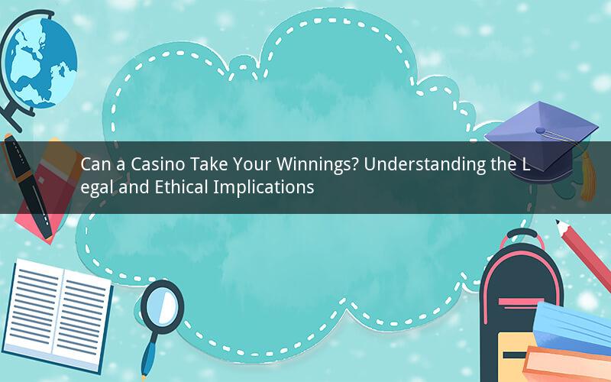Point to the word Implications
pyautogui.click(x=263, y=188)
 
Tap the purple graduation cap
pyautogui.click(x=541, y=141)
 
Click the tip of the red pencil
pyautogui.click(x=558, y=222)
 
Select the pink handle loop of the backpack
pyautogui.click(x=522, y=238)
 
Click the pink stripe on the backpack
pyautogui.click(x=521, y=302)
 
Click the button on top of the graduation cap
pyautogui.click(x=540, y=130)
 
